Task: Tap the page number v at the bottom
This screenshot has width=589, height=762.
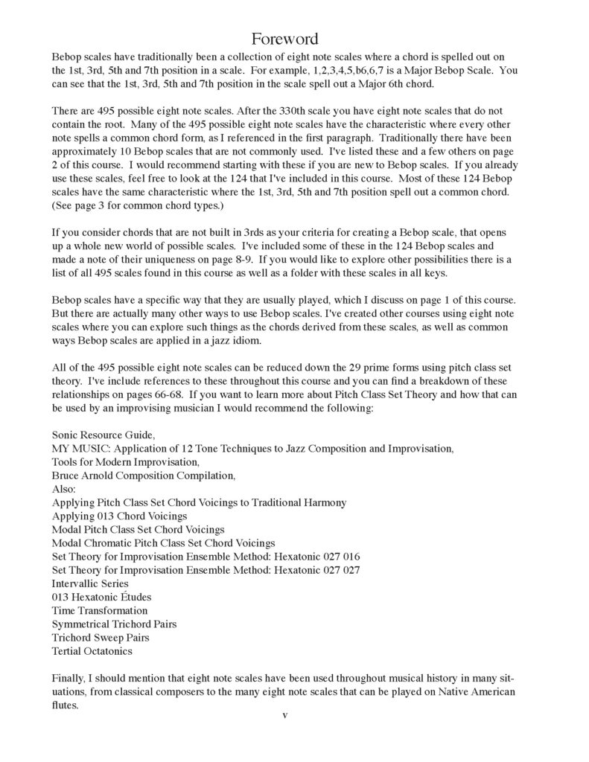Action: [x=284, y=715]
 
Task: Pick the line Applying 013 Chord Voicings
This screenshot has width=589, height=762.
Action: [x=119, y=515]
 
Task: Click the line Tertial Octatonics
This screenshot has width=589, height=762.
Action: [x=92, y=650]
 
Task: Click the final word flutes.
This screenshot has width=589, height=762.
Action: [x=66, y=705]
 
